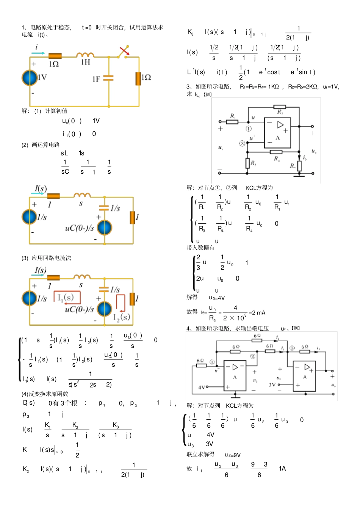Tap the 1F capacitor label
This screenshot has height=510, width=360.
pos(96,79)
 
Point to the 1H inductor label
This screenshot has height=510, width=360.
pos(86,62)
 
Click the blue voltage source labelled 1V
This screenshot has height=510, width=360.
pos(29,78)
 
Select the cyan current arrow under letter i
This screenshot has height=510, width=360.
pos(38,53)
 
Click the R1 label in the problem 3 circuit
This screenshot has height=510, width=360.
pos(233,116)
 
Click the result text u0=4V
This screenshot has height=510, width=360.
pos(217,298)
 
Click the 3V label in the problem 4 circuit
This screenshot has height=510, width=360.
pos(272,384)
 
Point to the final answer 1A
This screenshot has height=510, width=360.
pos(282,469)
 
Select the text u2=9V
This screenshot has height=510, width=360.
pos(232,455)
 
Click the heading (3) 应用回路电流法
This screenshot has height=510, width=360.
pos(46,258)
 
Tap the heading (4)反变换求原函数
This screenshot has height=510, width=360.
pos(45,394)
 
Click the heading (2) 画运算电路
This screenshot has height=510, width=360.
pos(41,145)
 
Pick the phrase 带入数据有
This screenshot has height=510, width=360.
pos(200,248)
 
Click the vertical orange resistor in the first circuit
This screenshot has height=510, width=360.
pos(138,78)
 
